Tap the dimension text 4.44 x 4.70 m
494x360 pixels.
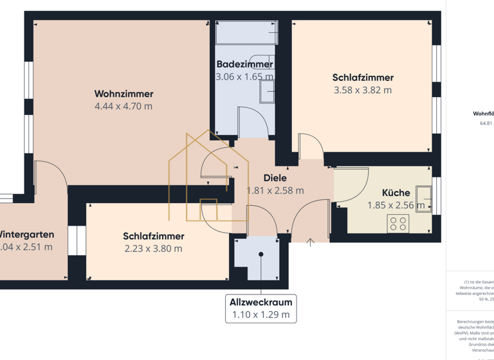[x=123, y=106]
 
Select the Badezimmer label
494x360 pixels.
[x=244, y=64]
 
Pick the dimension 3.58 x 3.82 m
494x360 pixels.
[x=362, y=91]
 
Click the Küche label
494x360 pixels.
[x=396, y=193]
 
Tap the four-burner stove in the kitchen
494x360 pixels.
[x=398, y=223]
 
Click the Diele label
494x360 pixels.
[x=275, y=178]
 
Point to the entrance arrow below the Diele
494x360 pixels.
[x=311, y=242]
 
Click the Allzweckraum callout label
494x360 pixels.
[x=261, y=302]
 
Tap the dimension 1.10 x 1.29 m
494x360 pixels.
[x=261, y=315]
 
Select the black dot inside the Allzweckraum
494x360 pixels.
[x=261, y=255]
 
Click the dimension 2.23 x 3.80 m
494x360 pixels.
[x=153, y=249]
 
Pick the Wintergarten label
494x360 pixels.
[x=26, y=235]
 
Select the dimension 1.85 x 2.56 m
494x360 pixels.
[x=396, y=206]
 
